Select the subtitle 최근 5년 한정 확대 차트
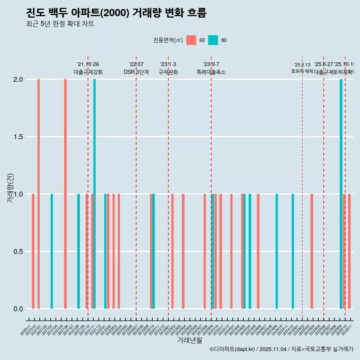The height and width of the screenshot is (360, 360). click(60, 24)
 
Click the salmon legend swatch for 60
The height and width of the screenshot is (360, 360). click(191, 40)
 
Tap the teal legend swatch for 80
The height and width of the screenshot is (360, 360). click(213, 40)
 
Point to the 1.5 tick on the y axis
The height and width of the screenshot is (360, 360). click(18, 137)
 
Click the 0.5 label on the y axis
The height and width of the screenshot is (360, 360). click(18, 252)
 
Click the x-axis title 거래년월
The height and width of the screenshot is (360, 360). click(189, 340)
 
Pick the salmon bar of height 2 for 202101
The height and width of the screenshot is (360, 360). click(39, 194)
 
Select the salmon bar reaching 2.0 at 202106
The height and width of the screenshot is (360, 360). click(65, 194)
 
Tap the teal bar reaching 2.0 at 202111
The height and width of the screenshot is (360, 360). click(94, 194)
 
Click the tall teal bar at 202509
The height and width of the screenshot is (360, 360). click(341, 194)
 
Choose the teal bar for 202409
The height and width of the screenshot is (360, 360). click(277, 251)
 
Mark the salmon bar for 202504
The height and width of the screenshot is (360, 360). click(312, 251)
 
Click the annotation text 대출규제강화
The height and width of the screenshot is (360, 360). click(88, 72)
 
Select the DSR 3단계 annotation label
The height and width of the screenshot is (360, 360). click(136, 72)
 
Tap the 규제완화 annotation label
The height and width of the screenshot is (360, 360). click(168, 72)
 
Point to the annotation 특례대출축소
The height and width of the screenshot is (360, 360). click(211, 72)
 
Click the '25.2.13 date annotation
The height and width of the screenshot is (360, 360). click(302, 65)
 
